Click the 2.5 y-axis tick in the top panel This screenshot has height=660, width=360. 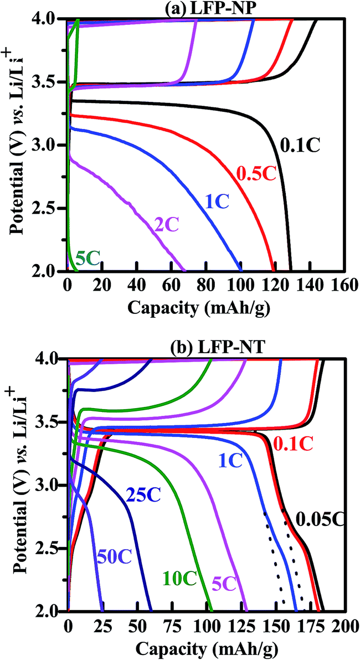(53, 208)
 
